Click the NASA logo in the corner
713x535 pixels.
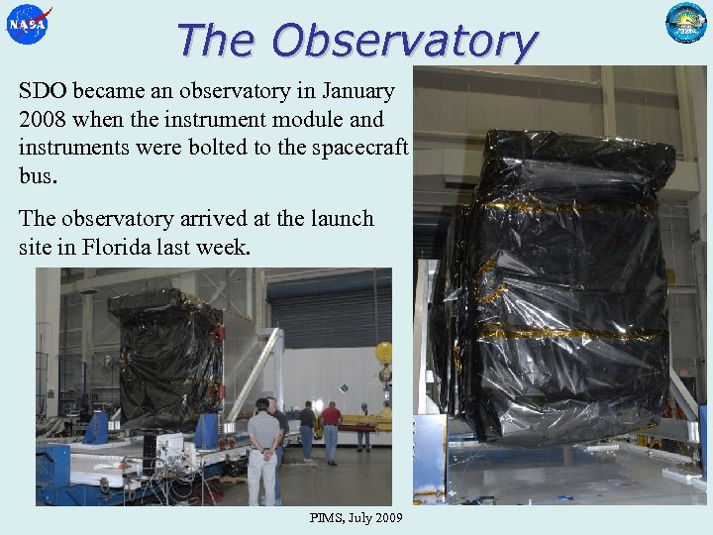point(28,24)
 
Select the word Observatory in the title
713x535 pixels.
point(404,42)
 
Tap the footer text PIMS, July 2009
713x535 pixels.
point(356,518)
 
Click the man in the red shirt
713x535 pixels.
point(331,430)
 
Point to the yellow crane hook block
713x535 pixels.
point(384,353)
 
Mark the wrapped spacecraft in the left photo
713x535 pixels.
point(166,357)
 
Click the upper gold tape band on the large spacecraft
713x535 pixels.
point(564,203)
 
